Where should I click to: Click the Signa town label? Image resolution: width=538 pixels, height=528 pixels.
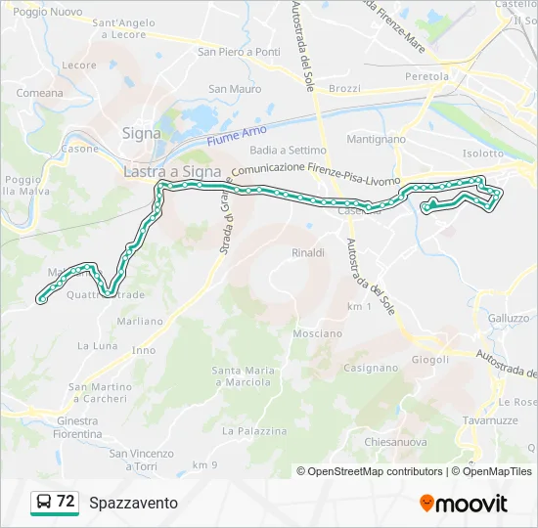click(142, 133)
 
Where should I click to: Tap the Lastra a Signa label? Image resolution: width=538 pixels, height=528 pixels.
click(173, 171)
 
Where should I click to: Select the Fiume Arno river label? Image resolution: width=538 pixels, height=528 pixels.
click(237, 135)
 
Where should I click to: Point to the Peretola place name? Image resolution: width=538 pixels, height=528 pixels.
click(427, 76)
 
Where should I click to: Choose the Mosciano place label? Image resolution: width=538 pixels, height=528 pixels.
click(317, 333)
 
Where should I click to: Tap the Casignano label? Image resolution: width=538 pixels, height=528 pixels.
click(370, 369)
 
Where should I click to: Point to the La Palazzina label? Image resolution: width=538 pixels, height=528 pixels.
click(254, 430)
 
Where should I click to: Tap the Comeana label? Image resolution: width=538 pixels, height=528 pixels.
click(39, 93)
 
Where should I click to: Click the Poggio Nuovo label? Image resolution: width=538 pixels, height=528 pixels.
click(49, 12)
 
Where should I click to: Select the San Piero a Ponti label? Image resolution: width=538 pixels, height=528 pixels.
click(239, 52)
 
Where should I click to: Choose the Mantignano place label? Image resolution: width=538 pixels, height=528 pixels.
click(376, 140)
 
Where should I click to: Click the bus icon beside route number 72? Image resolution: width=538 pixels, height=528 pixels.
click(44, 503)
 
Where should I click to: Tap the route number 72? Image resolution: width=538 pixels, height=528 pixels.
click(66, 502)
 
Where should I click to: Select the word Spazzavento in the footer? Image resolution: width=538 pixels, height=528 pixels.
click(133, 503)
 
